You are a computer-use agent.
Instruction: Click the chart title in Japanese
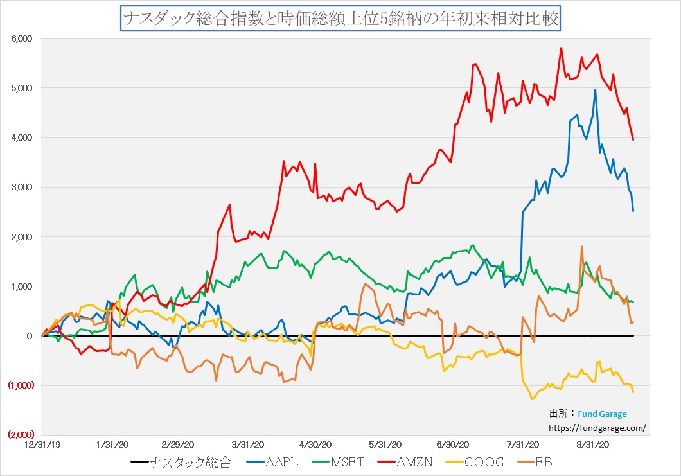340,19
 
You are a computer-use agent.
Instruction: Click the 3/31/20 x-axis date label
248,444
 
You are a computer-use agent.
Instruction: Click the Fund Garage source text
602,414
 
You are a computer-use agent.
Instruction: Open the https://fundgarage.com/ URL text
597,427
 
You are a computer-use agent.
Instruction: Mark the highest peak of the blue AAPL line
595,90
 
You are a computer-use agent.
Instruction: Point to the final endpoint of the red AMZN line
633,140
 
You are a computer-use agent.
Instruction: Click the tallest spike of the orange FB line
581,247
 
